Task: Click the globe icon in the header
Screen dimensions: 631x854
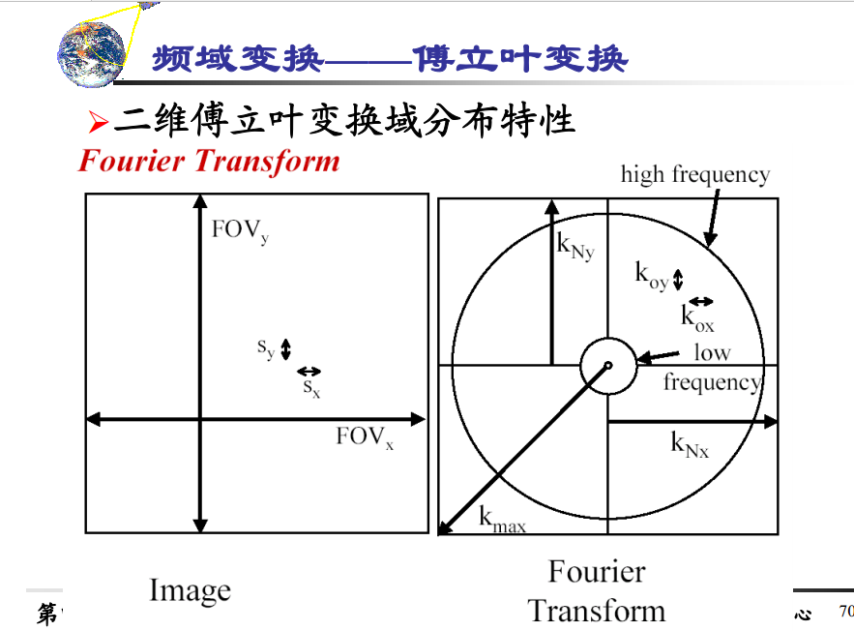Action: click(x=92, y=53)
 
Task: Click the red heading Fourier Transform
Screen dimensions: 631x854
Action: click(x=209, y=161)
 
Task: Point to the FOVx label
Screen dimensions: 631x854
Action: click(x=365, y=437)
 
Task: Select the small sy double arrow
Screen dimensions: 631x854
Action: click(x=285, y=348)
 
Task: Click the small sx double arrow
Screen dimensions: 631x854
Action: click(x=309, y=371)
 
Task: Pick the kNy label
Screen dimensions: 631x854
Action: click(x=574, y=246)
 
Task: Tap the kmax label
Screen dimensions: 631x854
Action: click(x=502, y=520)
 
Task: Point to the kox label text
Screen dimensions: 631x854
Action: click(x=697, y=318)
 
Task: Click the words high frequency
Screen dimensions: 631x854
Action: click(x=694, y=175)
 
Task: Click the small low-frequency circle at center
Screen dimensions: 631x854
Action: click(x=608, y=365)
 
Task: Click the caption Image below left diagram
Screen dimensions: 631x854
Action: click(x=190, y=590)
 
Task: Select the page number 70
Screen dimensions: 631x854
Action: click(x=845, y=611)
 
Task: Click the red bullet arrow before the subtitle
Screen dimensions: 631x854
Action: click(x=98, y=122)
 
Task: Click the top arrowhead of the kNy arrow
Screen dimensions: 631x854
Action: click(x=551, y=204)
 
